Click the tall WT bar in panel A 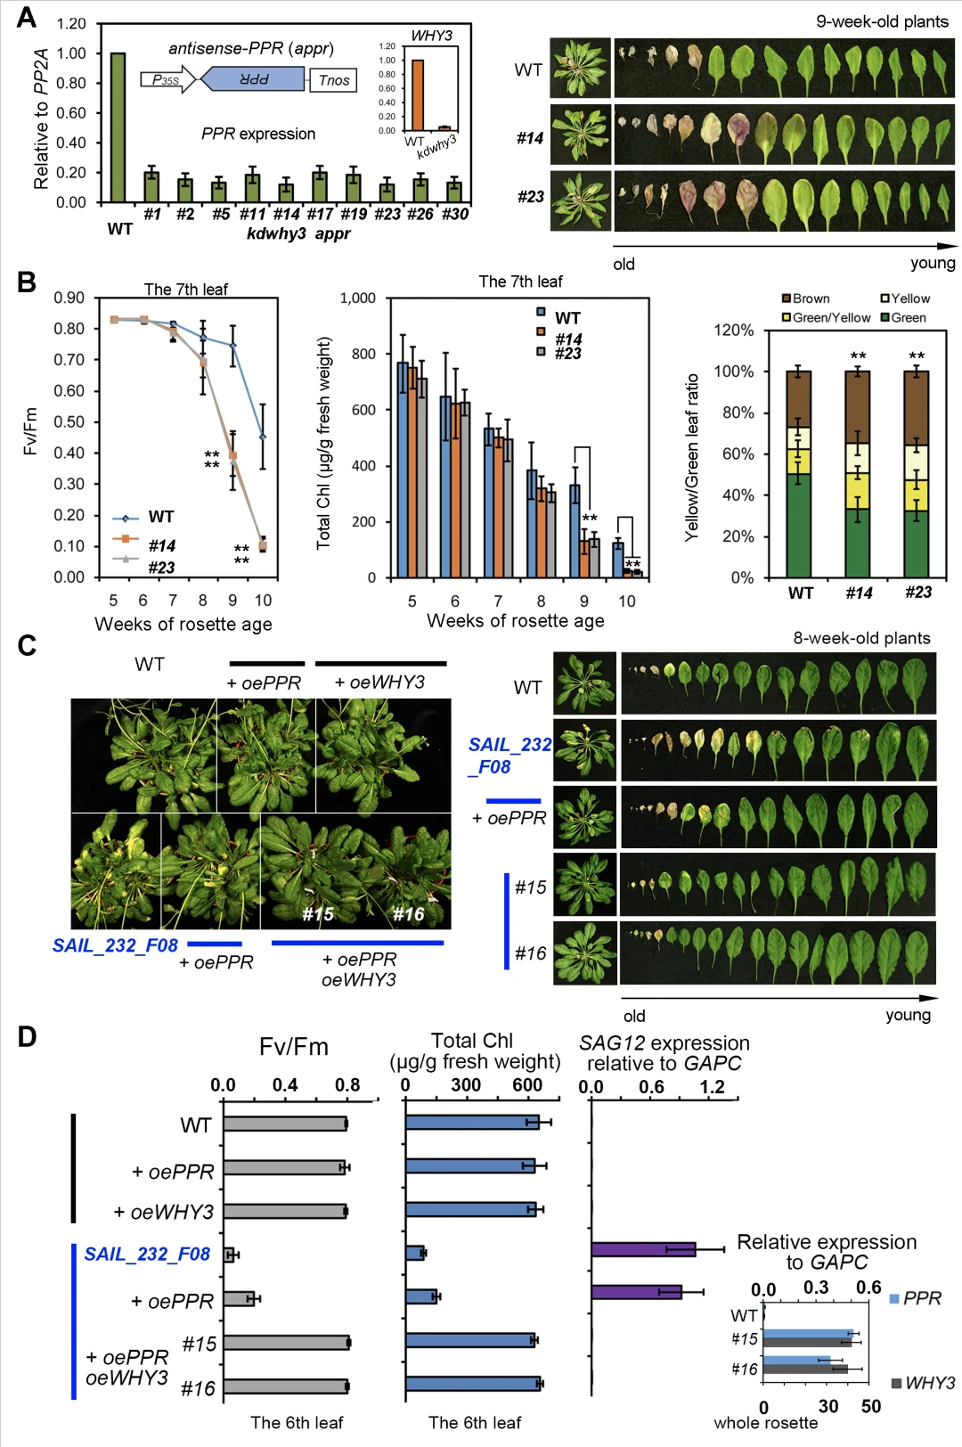118,127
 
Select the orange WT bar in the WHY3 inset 417,95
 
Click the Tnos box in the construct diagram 334,80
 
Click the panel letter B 27,282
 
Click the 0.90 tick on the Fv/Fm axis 69,298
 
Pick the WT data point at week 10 263,437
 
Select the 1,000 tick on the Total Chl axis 357,298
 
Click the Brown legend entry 806,298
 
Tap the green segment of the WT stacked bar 799,526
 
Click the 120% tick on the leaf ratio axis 734,330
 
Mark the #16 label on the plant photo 409,914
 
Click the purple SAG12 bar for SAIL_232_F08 643,1249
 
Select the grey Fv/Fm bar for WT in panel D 284,1124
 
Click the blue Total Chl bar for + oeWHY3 470,1209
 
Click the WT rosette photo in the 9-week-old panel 580,68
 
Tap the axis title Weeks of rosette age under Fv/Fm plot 183,624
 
